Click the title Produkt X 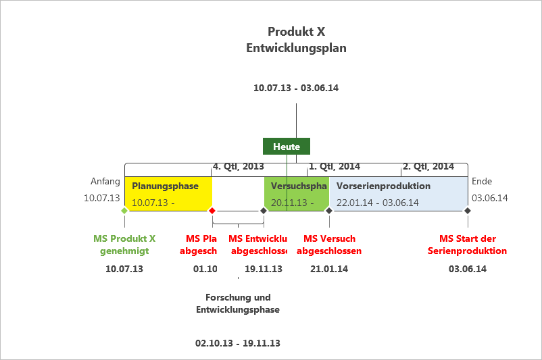(296, 32)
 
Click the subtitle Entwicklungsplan (296, 48)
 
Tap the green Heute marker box (287, 147)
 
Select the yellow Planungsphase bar (168, 194)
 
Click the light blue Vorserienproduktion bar (397, 194)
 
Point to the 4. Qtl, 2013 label (238, 166)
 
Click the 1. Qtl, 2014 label (334, 166)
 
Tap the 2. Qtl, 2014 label (428, 166)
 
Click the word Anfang (105, 181)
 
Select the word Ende (482, 181)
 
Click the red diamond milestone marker (212, 211)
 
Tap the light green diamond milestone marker (124, 211)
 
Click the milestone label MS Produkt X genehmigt (124, 245)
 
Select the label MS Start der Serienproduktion (467, 245)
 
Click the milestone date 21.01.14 (329, 269)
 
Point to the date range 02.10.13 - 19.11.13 (238, 343)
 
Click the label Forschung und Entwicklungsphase (238, 303)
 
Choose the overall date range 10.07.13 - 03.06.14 (296, 88)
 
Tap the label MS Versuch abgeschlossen (329, 245)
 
